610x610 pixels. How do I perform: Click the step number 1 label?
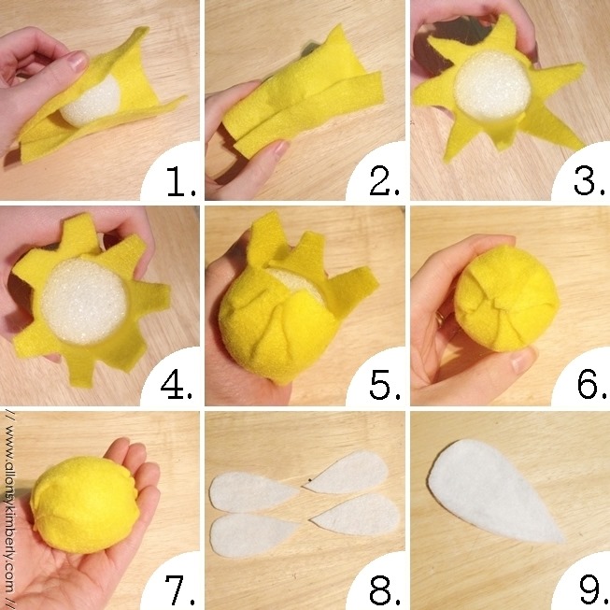(x=181, y=181)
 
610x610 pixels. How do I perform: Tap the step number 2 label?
(x=385, y=180)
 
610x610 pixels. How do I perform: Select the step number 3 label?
(x=589, y=180)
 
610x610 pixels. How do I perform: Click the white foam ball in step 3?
(x=492, y=86)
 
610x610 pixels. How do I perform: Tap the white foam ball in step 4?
(x=84, y=301)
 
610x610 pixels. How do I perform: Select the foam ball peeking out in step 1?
(x=92, y=102)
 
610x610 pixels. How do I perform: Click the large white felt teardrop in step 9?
(x=491, y=491)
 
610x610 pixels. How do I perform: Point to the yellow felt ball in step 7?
(x=84, y=504)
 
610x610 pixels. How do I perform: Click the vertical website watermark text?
(x=9, y=510)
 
